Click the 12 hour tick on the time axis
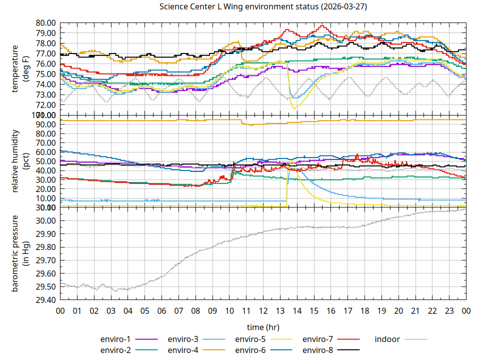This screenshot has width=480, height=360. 263,310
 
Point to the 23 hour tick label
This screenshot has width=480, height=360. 449,310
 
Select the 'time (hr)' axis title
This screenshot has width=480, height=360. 263,327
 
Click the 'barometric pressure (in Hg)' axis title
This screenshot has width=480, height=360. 20,253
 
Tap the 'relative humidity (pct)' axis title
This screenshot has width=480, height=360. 20,161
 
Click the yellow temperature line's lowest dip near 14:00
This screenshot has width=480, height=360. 294,108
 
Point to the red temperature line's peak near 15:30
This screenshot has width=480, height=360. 322,25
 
